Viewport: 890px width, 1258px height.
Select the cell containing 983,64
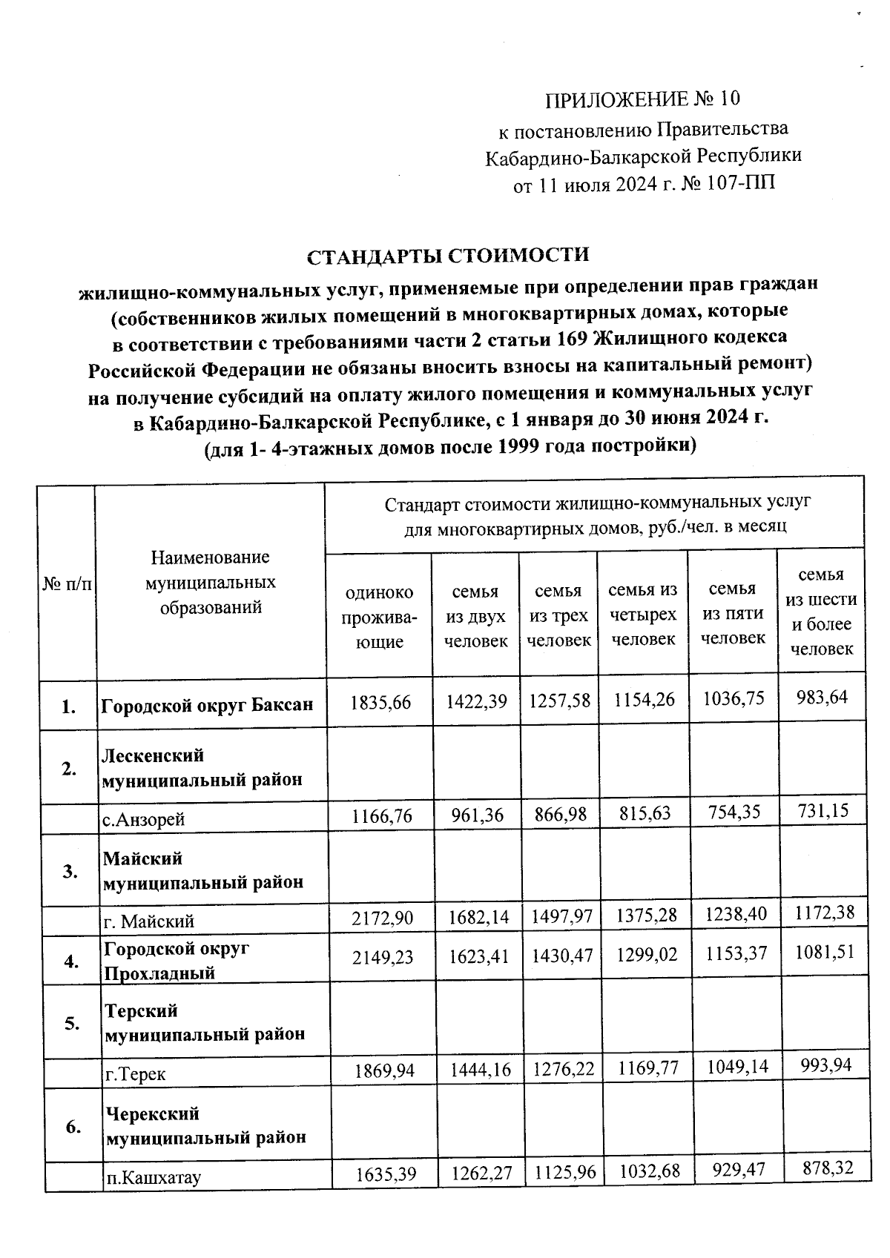[821, 697]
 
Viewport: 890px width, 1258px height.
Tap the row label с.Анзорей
[144, 819]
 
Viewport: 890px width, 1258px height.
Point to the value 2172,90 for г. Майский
[382, 918]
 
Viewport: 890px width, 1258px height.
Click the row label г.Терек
[136, 1073]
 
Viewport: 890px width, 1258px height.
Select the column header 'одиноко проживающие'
[379, 617]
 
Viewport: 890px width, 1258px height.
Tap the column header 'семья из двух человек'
[475, 616]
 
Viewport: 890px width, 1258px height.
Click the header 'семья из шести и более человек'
[821, 612]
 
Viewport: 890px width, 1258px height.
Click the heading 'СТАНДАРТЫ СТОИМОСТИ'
[448, 256]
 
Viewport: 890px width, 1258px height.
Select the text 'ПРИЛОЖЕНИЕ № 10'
[642, 99]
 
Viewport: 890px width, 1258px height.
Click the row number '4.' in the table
[71, 961]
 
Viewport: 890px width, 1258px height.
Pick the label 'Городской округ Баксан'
[207, 704]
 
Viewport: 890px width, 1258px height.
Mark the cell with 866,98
[560, 815]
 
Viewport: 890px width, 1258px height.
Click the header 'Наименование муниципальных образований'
[211, 582]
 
